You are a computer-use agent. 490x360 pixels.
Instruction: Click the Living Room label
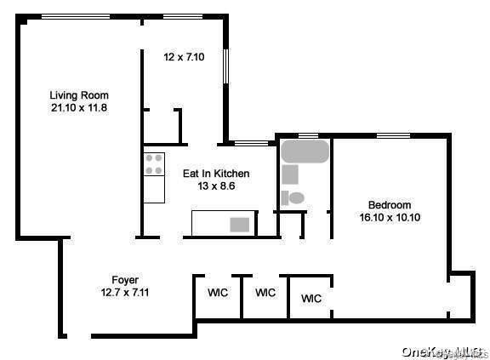coord(78,94)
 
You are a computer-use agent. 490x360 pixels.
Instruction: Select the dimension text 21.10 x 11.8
coord(78,108)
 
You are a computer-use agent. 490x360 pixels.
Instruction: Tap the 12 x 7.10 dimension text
coord(184,58)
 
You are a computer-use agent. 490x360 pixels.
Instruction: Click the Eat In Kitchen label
coord(216,173)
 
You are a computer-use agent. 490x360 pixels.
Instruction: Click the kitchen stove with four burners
coord(154,163)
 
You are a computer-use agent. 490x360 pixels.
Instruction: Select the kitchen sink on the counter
coord(241,225)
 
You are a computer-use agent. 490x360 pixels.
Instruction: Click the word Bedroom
coord(390,204)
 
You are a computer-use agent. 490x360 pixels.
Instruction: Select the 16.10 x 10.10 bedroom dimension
coord(390,217)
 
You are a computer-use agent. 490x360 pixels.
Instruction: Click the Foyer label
coord(125,280)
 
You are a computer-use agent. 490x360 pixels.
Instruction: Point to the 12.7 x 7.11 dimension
coord(125,293)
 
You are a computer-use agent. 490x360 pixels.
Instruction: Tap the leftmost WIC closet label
coord(218,293)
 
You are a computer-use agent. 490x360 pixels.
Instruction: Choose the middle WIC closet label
coord(265,293)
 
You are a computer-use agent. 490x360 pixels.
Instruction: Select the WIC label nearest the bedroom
coord(311,299)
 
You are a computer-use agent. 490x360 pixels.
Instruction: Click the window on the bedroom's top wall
coord(394,135)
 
